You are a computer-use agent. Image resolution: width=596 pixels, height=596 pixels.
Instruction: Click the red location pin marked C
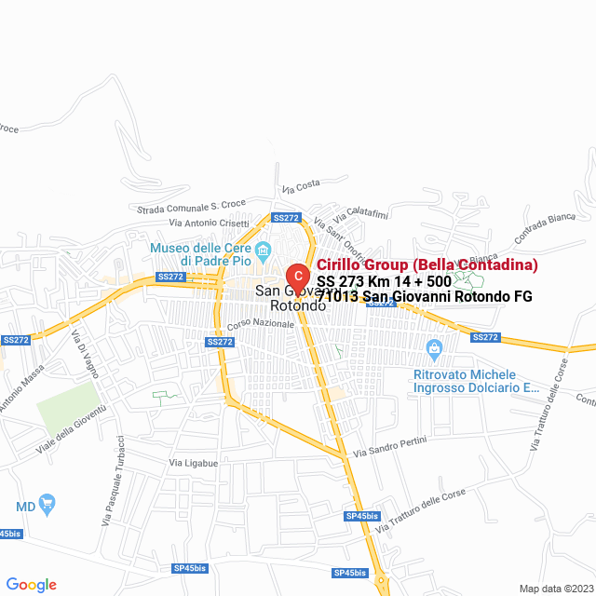point(297,277)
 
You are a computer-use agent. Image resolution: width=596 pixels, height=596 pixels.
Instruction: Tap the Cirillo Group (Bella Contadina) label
point(427,264)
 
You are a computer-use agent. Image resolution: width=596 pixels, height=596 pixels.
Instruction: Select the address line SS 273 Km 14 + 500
point(384,281)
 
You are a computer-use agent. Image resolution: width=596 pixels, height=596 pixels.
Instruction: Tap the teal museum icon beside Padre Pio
point(264,249)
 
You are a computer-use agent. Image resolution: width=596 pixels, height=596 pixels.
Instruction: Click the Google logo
point(31,585)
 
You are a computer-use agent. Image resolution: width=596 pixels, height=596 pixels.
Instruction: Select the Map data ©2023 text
point(555,589)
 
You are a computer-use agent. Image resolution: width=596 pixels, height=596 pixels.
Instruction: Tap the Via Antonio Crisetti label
point(210,223)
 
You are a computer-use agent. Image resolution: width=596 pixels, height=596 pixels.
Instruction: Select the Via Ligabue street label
point(193,463)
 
